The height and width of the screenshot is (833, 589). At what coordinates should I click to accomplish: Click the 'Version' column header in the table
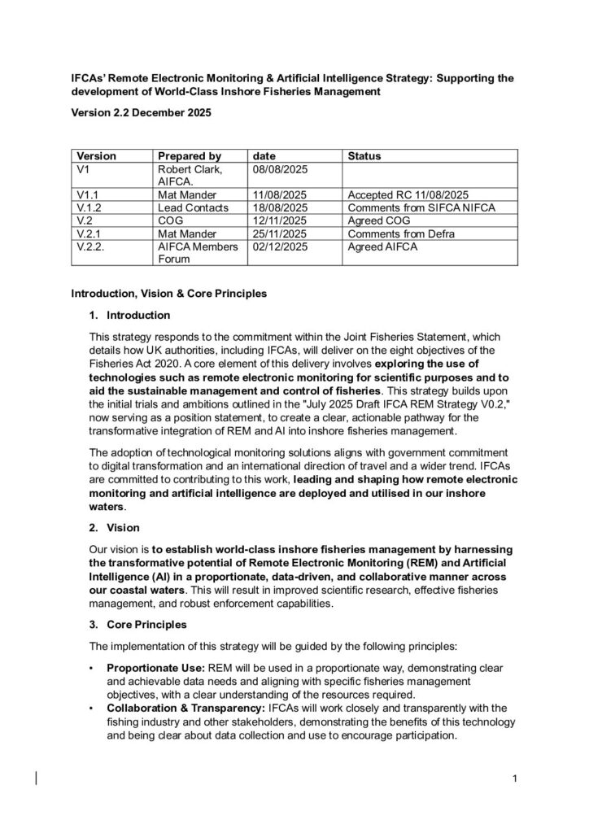click(96, 155)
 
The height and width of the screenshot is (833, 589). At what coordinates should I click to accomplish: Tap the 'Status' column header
click(364, 155)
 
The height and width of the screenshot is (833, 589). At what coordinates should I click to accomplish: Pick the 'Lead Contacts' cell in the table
click(192, 207)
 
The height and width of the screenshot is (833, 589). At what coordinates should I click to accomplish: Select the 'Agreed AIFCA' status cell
click(382, 246)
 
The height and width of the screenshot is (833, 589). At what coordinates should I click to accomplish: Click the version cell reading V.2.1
click(89, 233)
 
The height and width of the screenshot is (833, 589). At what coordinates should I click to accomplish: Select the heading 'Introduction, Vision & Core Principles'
click(175, 292)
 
